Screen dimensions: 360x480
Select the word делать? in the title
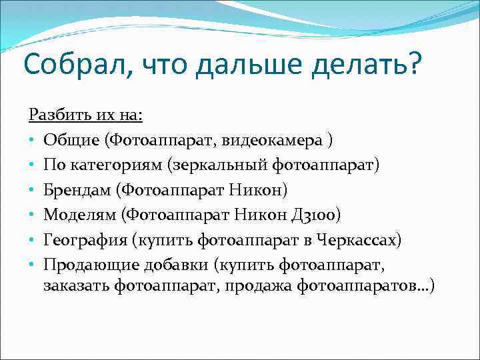366,65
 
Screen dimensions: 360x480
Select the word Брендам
77,189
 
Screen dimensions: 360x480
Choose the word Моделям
78,214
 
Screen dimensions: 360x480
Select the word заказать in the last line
77,287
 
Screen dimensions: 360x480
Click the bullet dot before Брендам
31,190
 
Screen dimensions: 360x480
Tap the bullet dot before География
31,239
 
